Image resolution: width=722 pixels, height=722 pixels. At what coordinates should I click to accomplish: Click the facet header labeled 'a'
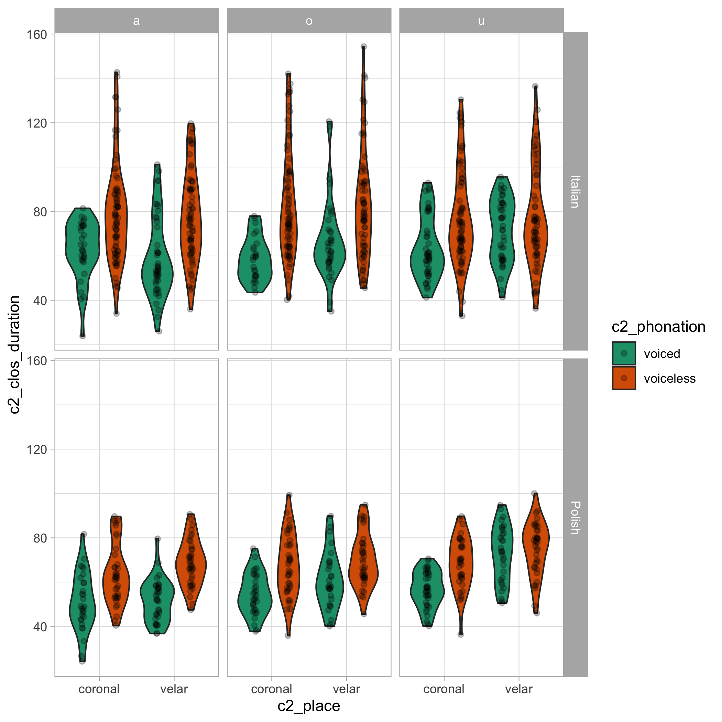[x=136, y=21]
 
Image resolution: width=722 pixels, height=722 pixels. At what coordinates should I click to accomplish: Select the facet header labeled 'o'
[x=309, y=21]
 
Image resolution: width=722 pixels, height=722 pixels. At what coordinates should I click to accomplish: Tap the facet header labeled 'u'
[x=481, y=21]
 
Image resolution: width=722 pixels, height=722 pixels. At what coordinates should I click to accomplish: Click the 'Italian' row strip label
[x=575, y=192]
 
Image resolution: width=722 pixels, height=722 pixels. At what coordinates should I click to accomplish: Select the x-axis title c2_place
[x=309, y=706]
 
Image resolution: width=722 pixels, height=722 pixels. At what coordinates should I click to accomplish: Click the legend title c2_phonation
[x=658, y=327]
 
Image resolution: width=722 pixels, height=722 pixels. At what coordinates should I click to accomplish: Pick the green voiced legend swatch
[x=624, y=353]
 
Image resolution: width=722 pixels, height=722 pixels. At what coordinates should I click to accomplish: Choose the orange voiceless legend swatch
[x=624, y=378]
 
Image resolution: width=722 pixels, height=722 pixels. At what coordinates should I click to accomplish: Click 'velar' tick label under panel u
[x=519, y=689]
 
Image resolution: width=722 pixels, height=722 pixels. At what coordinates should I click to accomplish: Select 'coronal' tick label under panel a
[x=99, y=689]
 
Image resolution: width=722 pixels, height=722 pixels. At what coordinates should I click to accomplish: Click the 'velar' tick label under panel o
[x=347, y=689]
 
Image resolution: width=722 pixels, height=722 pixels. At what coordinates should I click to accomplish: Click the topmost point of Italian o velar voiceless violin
[x=364, y=47]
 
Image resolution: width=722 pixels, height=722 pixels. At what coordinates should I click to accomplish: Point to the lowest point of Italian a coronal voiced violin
[x=83, y=336]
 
